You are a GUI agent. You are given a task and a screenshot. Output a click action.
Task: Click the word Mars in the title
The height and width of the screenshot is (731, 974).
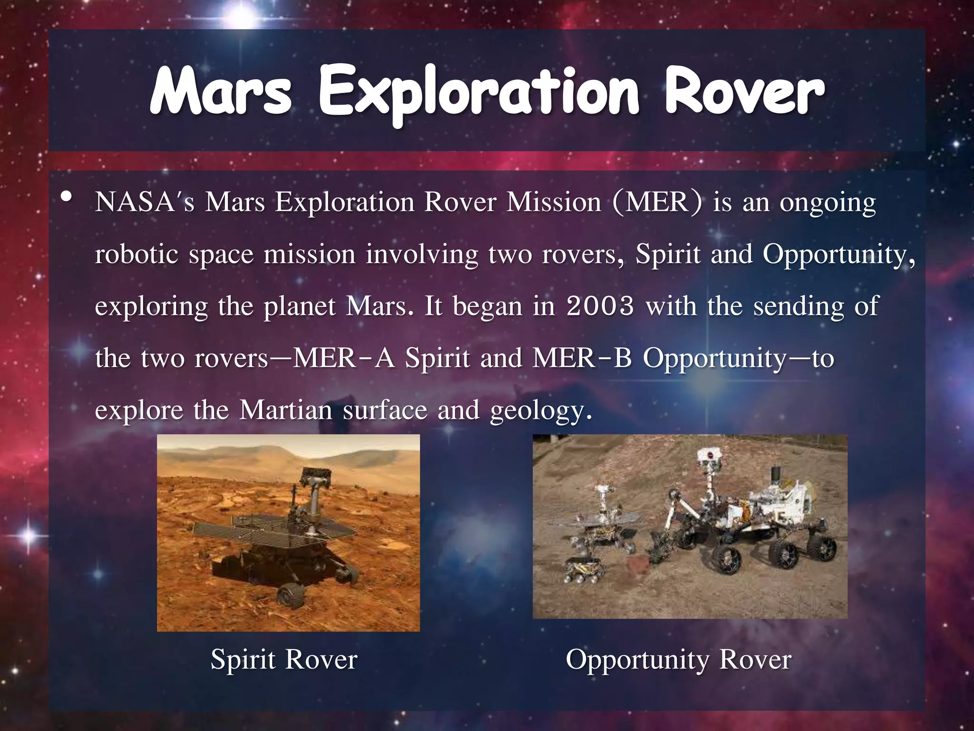pyautogui.click(x=221, y=91)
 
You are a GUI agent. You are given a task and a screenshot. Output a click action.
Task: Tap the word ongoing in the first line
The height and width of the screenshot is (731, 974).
pyautogui.click(x=827, y=203)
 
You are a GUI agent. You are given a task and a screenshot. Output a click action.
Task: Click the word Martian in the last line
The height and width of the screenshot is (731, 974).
pyautogui.click(x=285, y=410)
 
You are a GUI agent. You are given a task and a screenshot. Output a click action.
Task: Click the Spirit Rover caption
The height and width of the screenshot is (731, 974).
pyautogui.click(x=283, y=660)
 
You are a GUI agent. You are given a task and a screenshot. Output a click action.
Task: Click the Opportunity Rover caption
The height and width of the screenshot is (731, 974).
pyautogui.click(x=678, y=660)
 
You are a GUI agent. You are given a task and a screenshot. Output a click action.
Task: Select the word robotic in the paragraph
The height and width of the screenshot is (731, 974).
pyautogui.click(x=136, y=254)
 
